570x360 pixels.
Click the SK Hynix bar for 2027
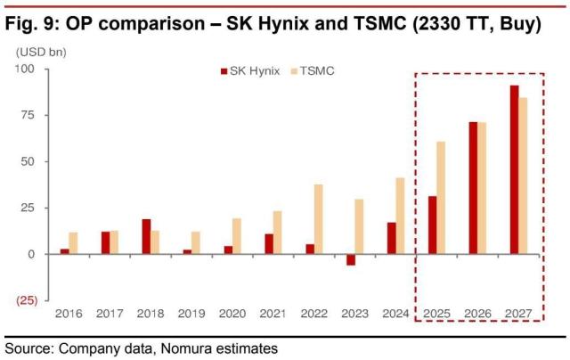point(514,169)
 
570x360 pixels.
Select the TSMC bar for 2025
point(442,198)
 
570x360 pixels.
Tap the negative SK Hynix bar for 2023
point(351,259)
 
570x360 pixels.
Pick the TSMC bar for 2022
point(318,219)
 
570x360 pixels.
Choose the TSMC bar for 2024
point(401,216)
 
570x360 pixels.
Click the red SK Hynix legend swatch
point(223,70)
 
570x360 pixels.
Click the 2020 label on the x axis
point(232,314)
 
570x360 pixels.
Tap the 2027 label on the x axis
point(517,314)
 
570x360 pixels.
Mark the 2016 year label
point(68,314)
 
